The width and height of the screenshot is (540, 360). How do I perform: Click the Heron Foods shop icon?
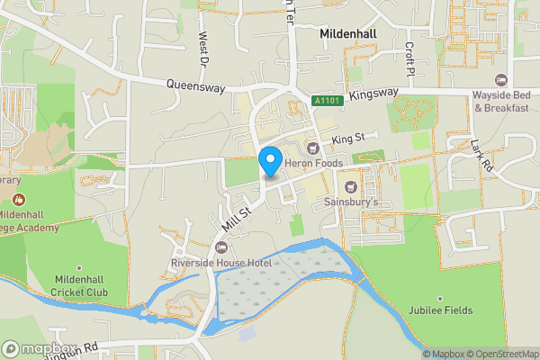pos(313,148)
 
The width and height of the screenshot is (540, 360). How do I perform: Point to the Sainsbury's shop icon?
pos(351,186)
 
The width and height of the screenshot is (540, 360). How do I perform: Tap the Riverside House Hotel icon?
pos(222,247)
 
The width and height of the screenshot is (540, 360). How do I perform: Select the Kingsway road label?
pos(373,94)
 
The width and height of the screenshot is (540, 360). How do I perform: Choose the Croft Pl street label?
pos(409,58)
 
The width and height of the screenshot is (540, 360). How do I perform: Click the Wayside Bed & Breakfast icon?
pos(501,80)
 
